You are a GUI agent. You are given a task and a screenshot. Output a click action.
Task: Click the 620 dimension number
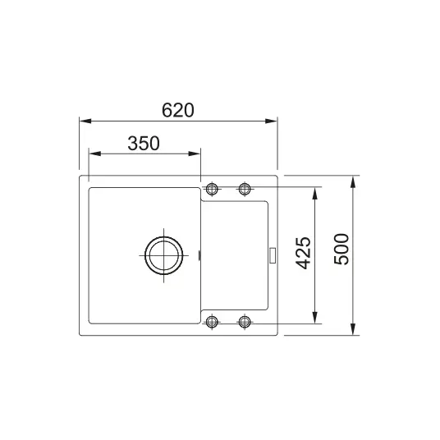pos(178,110)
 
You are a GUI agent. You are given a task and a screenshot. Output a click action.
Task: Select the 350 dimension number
pos(144,144)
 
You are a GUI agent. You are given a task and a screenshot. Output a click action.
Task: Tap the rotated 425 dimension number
pos(304,253)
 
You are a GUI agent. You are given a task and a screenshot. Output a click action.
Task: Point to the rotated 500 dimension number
pos(341,249)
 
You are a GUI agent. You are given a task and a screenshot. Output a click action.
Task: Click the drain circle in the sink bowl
pos(164,237)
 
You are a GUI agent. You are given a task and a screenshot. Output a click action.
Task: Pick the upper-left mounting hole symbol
pos(212,189)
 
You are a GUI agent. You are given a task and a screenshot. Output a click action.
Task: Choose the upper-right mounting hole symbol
pos(245,189)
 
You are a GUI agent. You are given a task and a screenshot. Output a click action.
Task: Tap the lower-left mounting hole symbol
pos(212,322)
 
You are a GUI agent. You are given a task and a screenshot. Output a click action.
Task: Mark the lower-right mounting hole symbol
pos(245,322)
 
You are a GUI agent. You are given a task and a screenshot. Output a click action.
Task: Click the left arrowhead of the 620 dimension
pos(85,121)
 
